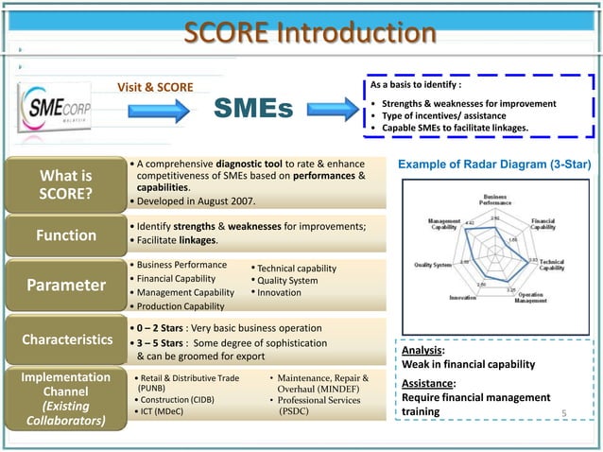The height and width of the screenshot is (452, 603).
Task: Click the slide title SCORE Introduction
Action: point(309,34)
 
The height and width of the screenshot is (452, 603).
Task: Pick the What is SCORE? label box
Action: point(64,184)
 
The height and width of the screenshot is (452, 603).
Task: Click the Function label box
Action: point(64,235)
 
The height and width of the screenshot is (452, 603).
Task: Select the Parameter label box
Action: point(64,285)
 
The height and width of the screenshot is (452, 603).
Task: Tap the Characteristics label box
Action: point(64,338)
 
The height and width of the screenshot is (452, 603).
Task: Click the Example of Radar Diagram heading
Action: point(494,165)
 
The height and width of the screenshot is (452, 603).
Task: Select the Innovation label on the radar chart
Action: point(462,297)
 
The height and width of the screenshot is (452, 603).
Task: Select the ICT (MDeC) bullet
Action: point(165,412)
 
